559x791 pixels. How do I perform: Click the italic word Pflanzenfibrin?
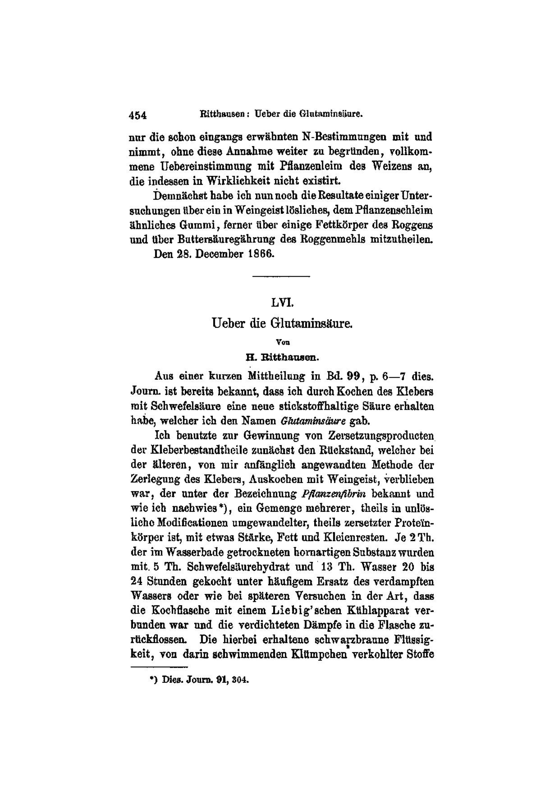click(x=333, y=494)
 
